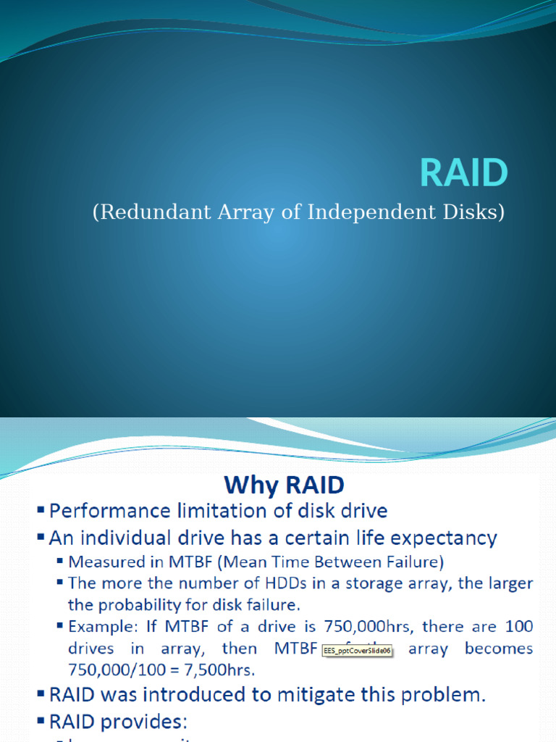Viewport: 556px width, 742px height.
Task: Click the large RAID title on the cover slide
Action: click(x=464, y=174)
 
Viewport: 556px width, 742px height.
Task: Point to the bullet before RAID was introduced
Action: click(x=41, y=696)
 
